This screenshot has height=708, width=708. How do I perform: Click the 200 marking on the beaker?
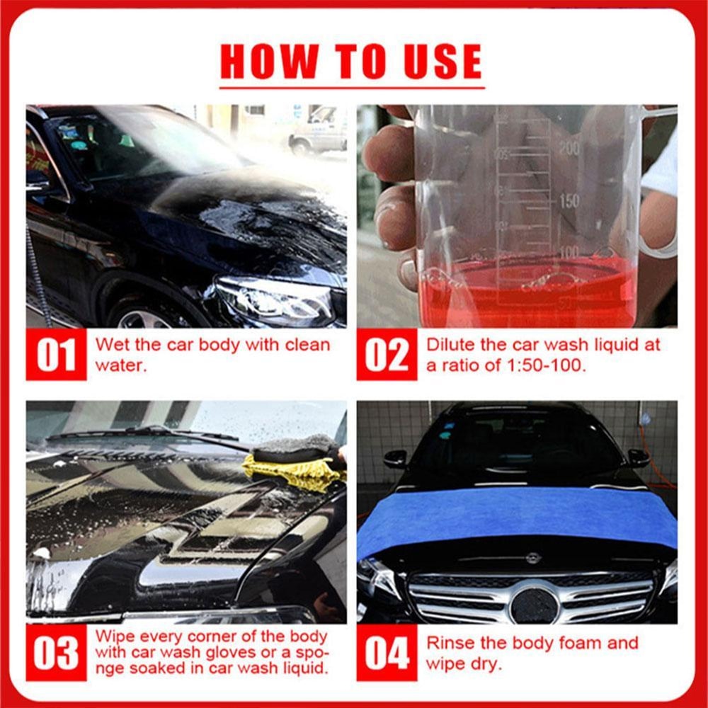click(x=569, y=147)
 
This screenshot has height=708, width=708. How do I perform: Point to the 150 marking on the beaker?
click(x=569, y=201)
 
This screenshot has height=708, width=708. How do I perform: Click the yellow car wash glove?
click(x=290, y=471)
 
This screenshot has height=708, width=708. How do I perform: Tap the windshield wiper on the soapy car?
click(x=142, y=433)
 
